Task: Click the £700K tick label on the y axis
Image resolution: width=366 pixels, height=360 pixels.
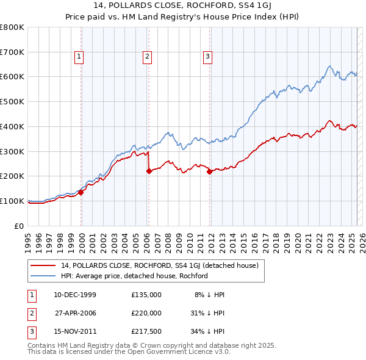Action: point(12,52)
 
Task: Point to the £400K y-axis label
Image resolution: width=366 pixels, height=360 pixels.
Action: point(12,126)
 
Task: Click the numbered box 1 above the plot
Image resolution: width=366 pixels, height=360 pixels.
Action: point(80,57)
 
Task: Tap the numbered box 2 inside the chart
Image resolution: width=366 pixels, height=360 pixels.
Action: point(148,57)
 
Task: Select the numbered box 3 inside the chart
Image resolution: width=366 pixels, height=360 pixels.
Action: point(207,57)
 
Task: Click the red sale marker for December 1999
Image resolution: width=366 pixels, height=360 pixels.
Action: point(81,192)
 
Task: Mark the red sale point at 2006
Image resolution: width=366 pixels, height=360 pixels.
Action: point(149,171)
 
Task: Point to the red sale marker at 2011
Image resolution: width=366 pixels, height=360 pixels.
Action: point(209,171)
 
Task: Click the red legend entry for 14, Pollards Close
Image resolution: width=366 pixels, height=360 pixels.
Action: point(160,265)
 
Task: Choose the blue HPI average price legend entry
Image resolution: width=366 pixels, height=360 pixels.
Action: point(134,276)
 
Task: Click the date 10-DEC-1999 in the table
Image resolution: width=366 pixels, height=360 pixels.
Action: point(75,295)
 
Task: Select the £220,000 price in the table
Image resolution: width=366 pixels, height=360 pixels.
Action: point(146,313)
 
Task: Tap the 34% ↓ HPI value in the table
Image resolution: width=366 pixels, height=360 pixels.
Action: point(207,331)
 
